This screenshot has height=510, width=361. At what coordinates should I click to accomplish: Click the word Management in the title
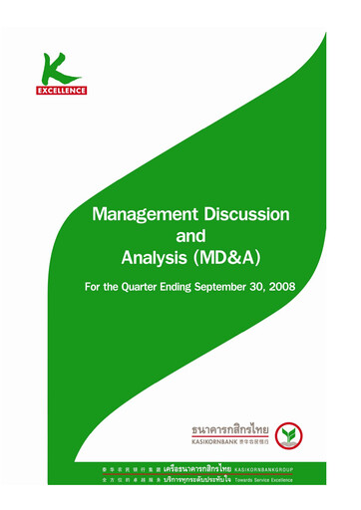[x=138, y=214]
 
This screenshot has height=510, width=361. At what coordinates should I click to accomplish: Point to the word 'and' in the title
[x=188, y=238]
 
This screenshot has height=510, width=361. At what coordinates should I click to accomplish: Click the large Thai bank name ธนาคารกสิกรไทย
[x=230, y=430]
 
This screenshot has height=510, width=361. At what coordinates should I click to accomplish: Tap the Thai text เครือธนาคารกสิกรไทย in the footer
[x=181, y=467]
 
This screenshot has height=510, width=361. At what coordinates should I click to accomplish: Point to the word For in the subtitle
[x=88, y=294]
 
